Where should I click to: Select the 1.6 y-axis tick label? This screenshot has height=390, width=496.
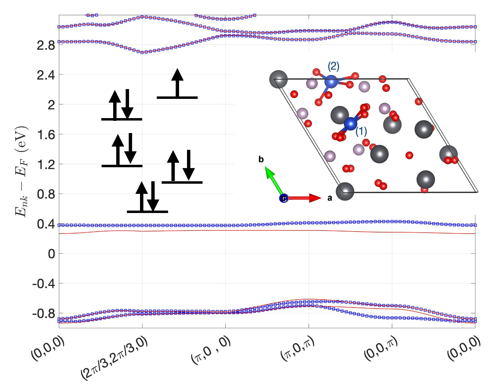point(46,135)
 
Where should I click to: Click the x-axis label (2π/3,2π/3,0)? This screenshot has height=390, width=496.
point(114,359)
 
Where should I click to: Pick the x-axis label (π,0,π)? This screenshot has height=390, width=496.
point(297,349)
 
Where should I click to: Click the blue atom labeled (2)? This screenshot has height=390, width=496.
point(331,81)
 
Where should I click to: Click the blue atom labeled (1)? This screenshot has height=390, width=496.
point(350,124)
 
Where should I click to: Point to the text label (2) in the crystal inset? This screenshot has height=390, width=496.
point(333,66)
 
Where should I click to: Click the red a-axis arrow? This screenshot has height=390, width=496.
point(304,198)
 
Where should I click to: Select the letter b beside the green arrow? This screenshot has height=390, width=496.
point(261,159)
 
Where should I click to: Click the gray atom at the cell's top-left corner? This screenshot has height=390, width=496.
point(279,79)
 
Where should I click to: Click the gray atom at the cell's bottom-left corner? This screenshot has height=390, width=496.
point(345,192)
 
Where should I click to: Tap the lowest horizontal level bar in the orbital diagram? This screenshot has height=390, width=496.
point(147,211)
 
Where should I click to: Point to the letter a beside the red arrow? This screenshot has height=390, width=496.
point(330,198)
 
